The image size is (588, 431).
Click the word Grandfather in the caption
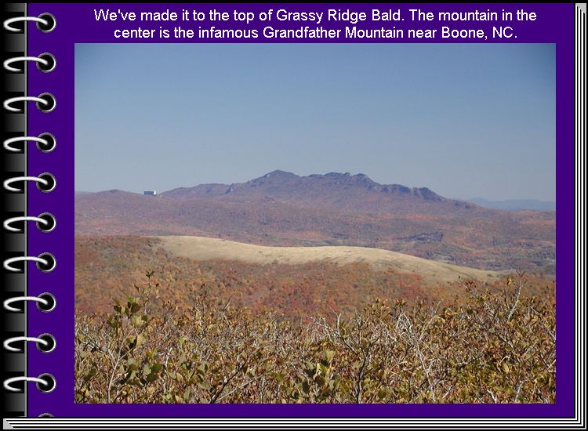click(x=302, y=33)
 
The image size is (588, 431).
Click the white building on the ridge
click(x=150, y=193)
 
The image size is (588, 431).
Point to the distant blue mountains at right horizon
click(x=510, y=204)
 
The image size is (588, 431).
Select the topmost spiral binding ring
click(x=30, y=24)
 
